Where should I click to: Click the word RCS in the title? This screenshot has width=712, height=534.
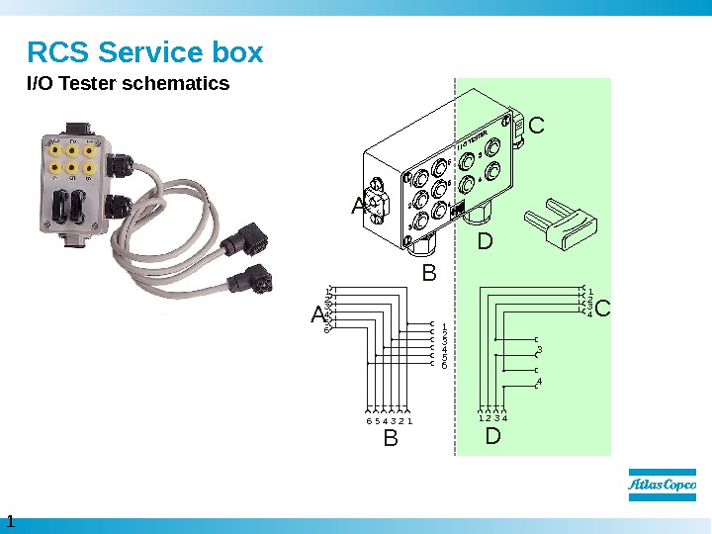pos(58,51)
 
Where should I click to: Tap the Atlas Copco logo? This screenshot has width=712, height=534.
pos(663,486)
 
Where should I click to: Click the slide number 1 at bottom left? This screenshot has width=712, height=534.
pos(11,521)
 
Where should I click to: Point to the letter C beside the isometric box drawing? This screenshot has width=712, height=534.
pos(537,127)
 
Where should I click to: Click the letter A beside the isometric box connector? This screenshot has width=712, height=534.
pos(359,207)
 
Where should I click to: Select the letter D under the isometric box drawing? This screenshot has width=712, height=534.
pos(485,241)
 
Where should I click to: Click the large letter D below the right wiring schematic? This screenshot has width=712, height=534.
pos(493,435)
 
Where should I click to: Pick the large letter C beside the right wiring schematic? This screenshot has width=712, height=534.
pos(603,310)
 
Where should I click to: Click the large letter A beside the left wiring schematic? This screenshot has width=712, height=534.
pos(318,315)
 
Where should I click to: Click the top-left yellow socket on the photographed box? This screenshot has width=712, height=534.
pos(52,151)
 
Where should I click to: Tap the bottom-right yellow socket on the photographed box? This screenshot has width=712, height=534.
pos(90,169)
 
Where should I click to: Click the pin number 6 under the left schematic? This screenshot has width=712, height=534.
pos(369,421)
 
